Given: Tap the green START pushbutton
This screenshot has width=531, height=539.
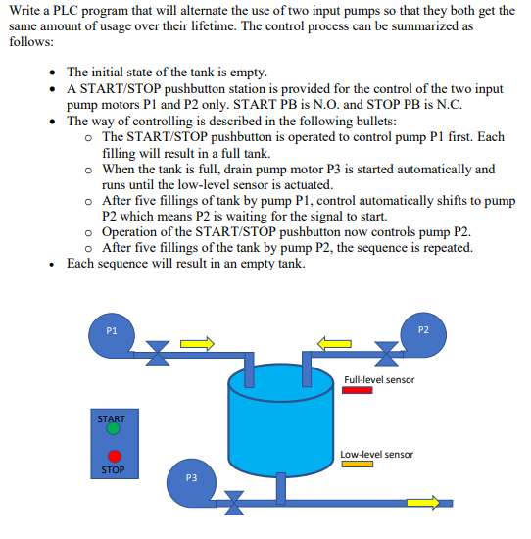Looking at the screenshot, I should pos(114,428).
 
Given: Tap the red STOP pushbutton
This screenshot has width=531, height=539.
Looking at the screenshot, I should pos(115,456).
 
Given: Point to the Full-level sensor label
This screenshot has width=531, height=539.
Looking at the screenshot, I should pos(379,378).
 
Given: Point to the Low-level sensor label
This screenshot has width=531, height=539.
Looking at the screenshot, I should pos(377,454).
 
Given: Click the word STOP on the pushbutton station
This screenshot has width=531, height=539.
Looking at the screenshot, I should pos(112,470).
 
